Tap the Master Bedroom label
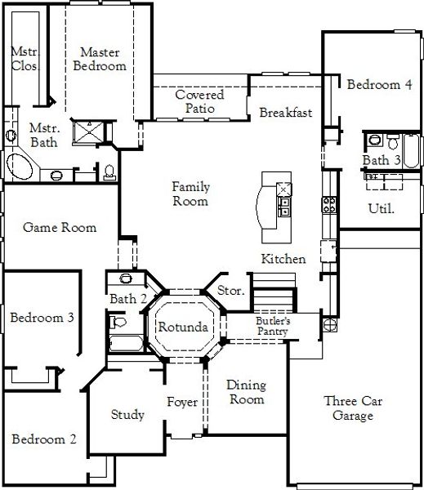tap(100, 60)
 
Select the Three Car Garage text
tap(353, 408)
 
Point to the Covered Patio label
tap(199, 101)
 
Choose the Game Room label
tap(60, 227)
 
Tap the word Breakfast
tap(286, 113)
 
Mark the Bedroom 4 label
tap(378, 84)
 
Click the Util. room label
tap(381, 208)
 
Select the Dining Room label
tap(245, 392)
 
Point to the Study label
tap(127, 415)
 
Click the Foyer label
tap(181, 402)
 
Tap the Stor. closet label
tap(230, 292)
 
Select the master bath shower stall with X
tap(84, 131)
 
